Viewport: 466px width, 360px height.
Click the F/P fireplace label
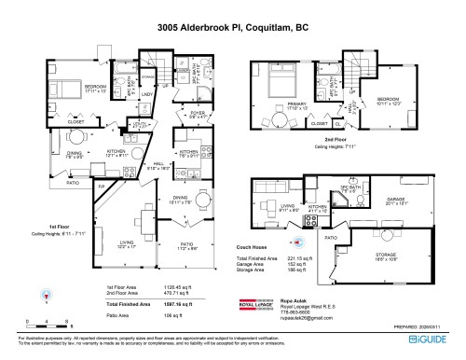(104, 187)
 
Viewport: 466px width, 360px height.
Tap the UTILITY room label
(140, 125)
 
